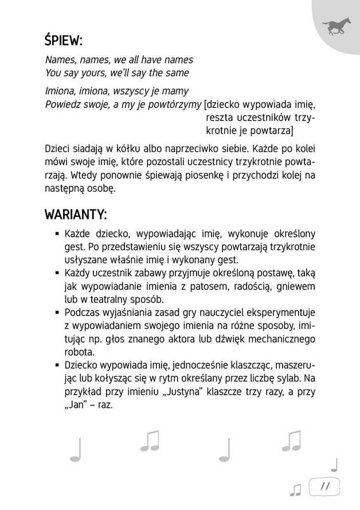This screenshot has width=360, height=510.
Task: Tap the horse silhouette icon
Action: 335,26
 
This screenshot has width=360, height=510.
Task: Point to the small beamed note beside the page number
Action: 296,489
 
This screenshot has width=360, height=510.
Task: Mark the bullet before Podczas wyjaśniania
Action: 58,313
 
